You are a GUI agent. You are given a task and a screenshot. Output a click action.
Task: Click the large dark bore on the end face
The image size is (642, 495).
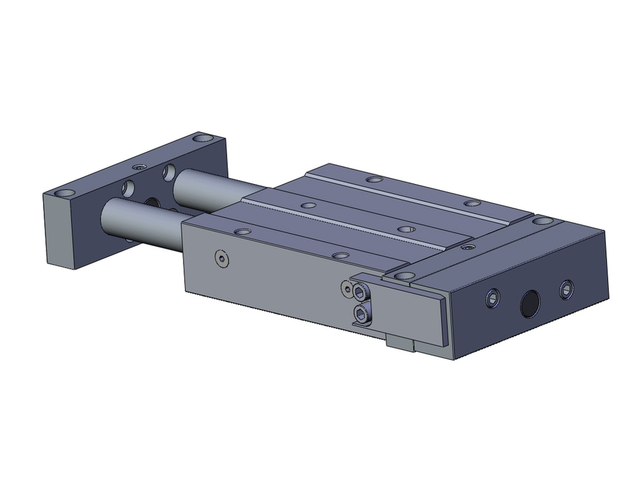tap(530, 303)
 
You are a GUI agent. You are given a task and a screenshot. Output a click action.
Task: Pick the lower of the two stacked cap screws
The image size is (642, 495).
tap(361, 315)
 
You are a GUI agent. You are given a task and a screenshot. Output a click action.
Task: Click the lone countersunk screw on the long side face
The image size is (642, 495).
tap(222, 258)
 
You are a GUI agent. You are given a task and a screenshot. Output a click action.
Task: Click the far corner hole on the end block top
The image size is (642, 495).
tap(542, 221)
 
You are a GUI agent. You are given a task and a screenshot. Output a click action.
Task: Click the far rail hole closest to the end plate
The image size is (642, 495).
tap(371, 180)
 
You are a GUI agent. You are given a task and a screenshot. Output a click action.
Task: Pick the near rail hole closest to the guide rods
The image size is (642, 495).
tap(242, 231)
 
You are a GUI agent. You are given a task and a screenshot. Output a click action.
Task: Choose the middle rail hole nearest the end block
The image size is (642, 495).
tap(404, 229)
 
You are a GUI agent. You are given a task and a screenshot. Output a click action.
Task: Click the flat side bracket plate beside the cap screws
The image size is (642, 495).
tap(411, 309)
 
